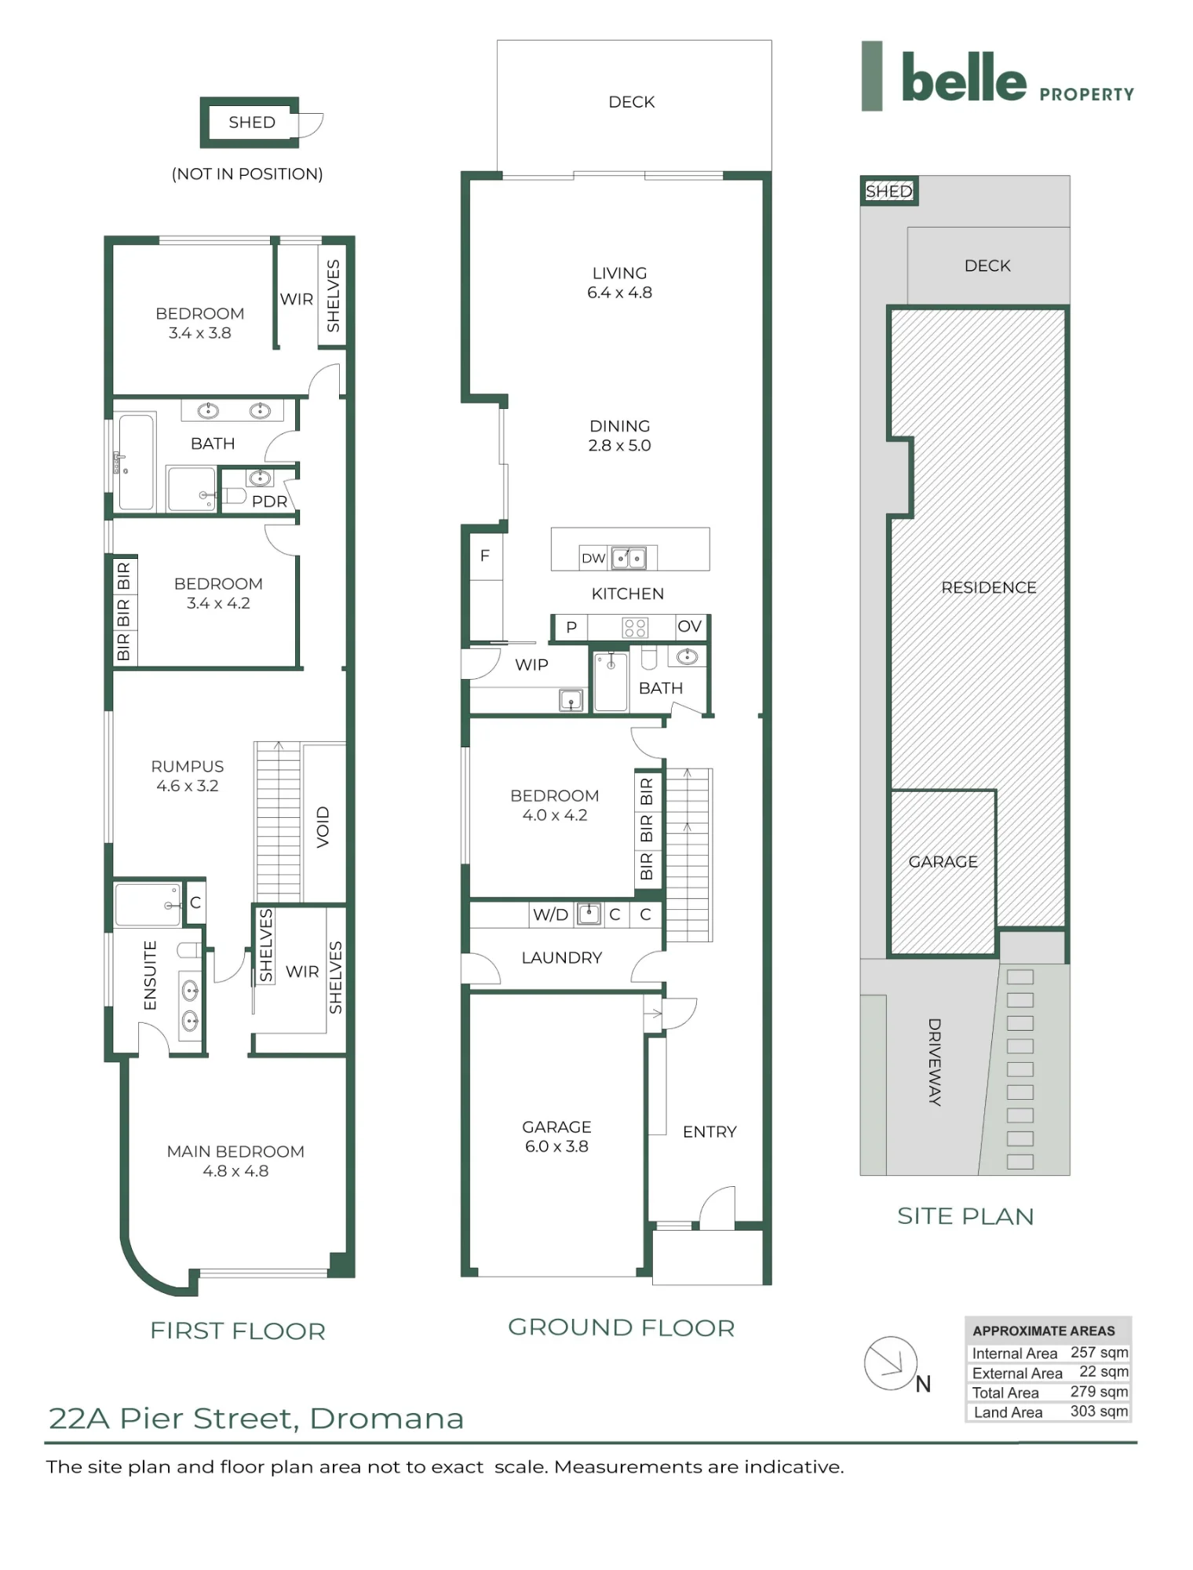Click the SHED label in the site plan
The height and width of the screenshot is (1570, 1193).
[888, 191]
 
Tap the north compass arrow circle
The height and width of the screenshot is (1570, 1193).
[890, 1363]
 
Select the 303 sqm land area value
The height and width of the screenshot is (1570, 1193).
[1099, 1411]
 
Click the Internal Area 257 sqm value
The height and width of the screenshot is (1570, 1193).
[1099, 1352]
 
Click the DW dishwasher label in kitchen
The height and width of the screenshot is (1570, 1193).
[593, 558]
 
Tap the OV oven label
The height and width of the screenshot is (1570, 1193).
[689, 626]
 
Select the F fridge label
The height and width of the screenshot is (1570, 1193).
[485, 556]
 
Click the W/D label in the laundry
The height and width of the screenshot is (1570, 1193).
[550, 915]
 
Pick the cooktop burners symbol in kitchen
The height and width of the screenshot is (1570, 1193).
[635, 627]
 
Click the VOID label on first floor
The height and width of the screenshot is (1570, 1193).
[323, 827]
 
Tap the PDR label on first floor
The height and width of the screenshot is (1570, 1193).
[269, 502]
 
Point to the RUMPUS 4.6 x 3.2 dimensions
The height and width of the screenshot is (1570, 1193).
[187, 786]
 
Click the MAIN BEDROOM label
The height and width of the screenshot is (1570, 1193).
[235, 1152]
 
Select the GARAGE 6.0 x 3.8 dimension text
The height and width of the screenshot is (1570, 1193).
[556, 1146]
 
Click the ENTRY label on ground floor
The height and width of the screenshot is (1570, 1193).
[710, 1132]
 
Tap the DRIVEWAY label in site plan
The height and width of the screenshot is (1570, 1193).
[934, 1062]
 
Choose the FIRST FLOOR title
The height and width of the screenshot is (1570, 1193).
[238, 1331]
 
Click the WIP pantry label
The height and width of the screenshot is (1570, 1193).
[531, 665]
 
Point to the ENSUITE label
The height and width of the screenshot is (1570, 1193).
[150, 976]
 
